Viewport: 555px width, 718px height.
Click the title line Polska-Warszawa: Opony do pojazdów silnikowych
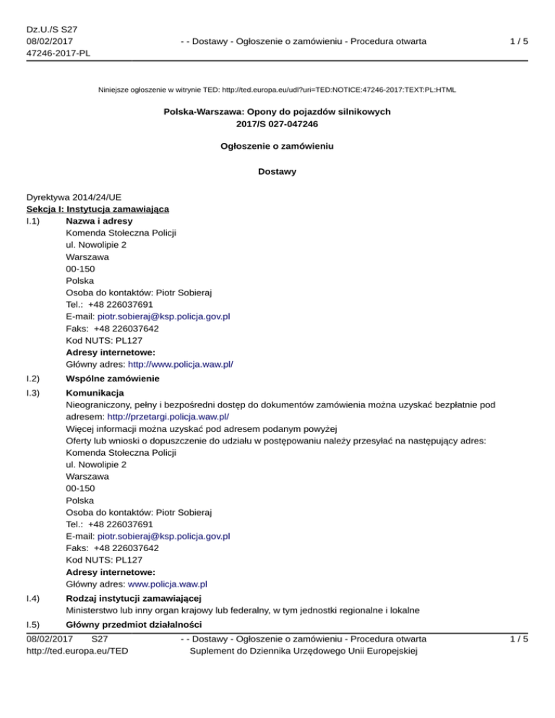pos(277,112)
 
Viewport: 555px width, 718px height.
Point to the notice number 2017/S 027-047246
pos(277,124)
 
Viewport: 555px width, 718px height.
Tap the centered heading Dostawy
pos(277,171)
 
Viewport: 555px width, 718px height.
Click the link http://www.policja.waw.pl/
pos(180,364)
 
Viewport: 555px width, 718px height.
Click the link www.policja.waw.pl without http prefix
pos(168,584)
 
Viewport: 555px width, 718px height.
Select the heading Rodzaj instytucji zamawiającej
pos(133,598)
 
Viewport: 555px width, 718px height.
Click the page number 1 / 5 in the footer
pos(518,639)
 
